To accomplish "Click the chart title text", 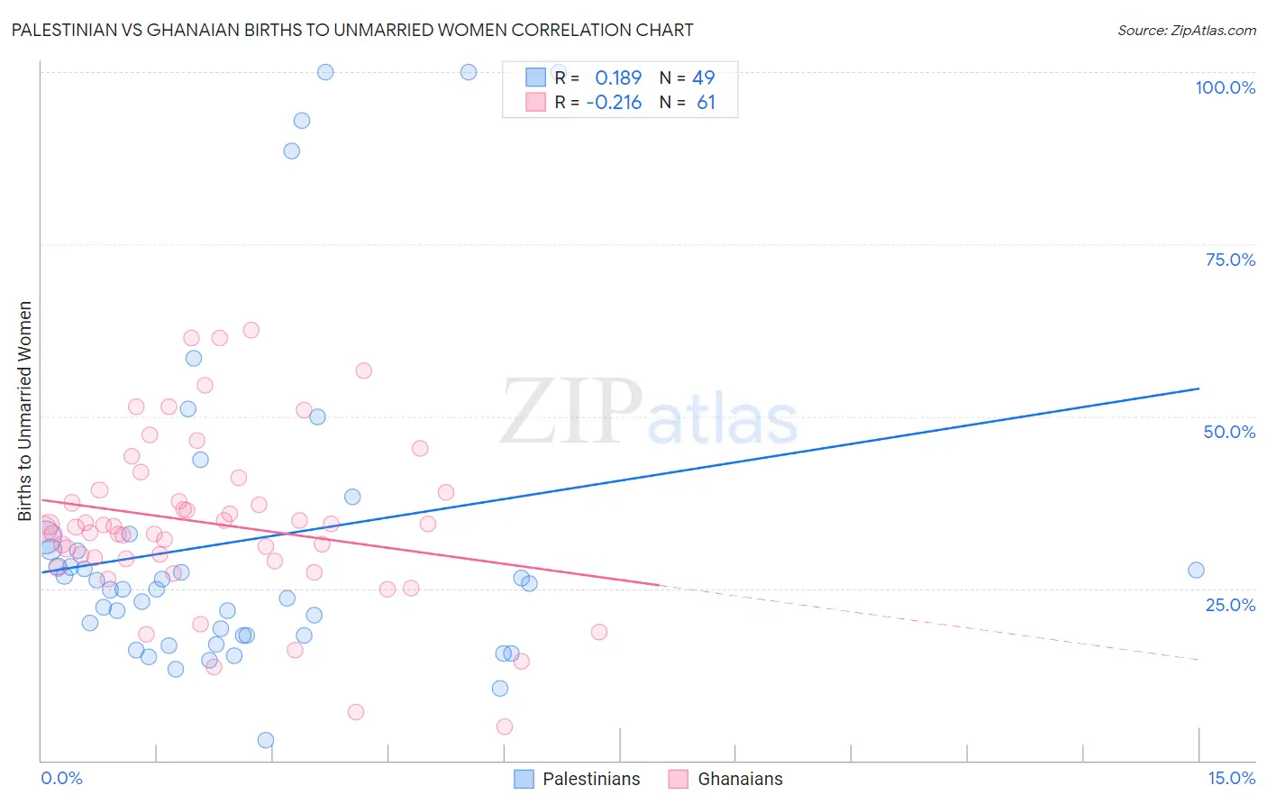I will tap(352, 30).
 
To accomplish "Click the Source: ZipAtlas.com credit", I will tap(1186, 30).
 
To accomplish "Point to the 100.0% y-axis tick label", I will tap(1225, 87).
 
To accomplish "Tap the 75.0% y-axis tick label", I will tap(1230, 260).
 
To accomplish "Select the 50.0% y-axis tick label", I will tap(1229, 432).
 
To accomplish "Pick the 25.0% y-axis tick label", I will tap(1230, 604).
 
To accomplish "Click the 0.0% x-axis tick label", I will tap(61, 778).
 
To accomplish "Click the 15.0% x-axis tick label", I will tap(1231, 778).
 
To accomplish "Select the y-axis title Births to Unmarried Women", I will tap(24, 411).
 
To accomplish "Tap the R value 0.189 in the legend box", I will tap(618, 78).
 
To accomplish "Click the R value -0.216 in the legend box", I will tap(614, 103).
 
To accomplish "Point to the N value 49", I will tap(703, 78).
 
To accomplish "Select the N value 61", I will tap(706, 103).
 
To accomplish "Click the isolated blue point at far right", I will tap(1196, 570).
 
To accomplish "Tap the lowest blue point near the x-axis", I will tap(266, 740).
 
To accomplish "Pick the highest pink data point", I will tap(251, 330).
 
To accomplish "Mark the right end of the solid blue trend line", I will tap(1199, 388).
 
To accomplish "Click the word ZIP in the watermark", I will tap(571, 413).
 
